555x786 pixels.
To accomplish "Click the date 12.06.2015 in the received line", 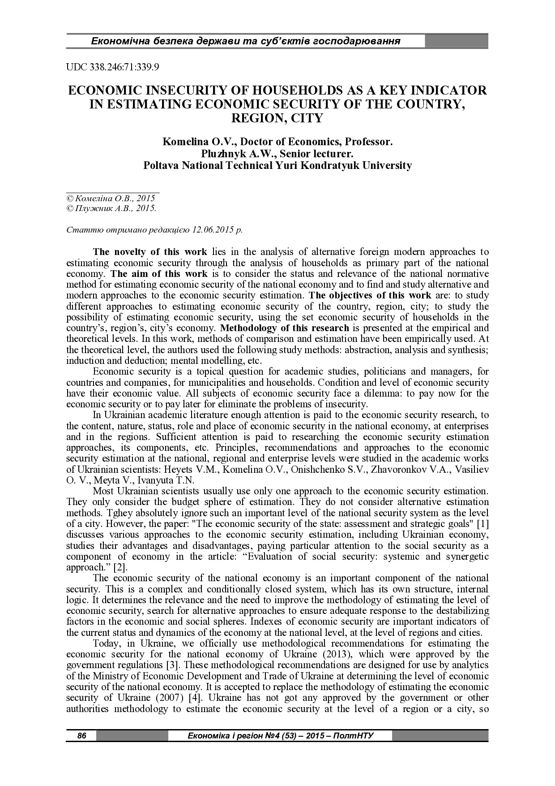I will [x=212, y=230].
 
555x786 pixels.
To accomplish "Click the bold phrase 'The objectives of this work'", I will [x=370, y=295].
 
